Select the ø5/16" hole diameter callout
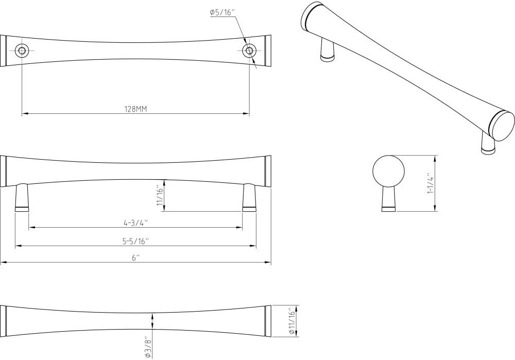(x=222, y=14)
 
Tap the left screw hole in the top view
(x=22, y=50)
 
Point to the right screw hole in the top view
(x=250, y=50)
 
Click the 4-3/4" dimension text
(x=135, y=222)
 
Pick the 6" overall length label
(x=135, y=258)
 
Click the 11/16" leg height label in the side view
(x=160, y=197)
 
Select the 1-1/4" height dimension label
(x=430, y=184)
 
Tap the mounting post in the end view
(x=388, y=199)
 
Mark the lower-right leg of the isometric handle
(x=487, y=143)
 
